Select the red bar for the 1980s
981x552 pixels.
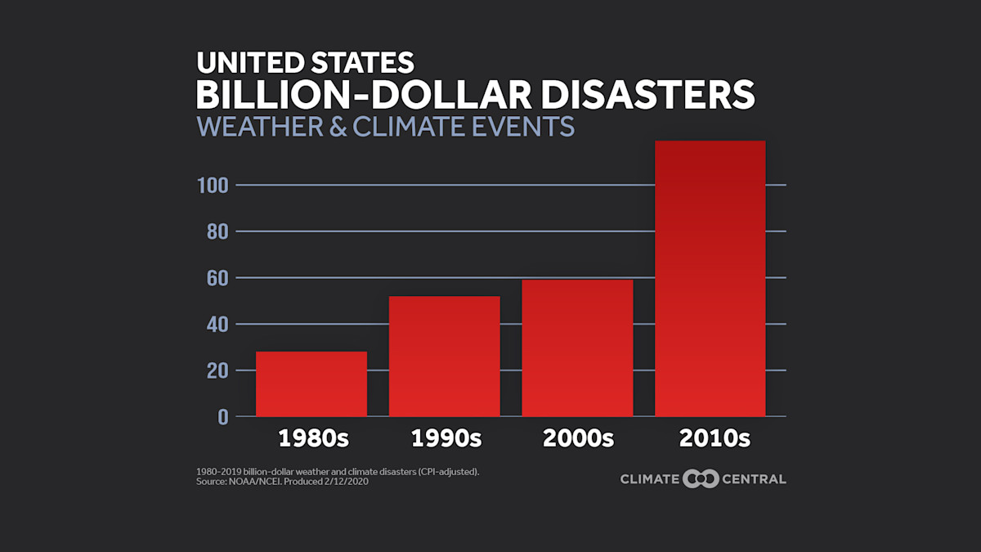(x=311, y=384)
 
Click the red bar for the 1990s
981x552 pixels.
(x=444, y=356)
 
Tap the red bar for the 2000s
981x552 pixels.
(x=577, y=348)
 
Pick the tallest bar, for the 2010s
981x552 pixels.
(x=710, y=278)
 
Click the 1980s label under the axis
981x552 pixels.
(x=313, y=438)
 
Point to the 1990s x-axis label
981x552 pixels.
(x=446, y=438)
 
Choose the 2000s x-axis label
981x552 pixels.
(x=578, y=438)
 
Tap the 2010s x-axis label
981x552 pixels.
(x=714, y=438)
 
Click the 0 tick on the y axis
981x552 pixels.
(x=223, y=417)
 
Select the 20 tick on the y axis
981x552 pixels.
(x=217, y=370)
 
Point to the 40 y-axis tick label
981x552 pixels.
(x=217, y=325)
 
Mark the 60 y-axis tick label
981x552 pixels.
(x=217, y=278)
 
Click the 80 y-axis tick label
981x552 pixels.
(x=217, y=232)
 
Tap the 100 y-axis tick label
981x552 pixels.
(x=213, y=186)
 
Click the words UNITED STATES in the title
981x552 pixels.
(x=304, y=63)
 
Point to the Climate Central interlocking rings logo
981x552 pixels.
(x=701, y=479)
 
